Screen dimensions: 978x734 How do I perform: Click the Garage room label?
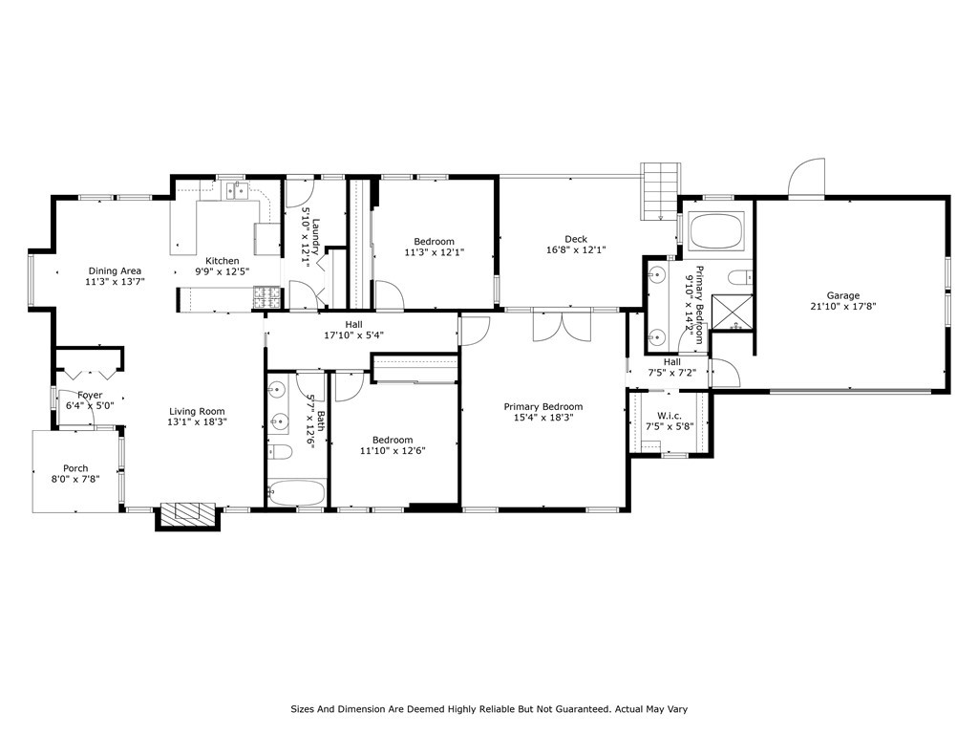click(842, 295)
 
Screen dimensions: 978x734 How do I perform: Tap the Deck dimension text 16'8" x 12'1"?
click(576, 249)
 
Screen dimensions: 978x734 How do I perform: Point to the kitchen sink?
click(237, 190)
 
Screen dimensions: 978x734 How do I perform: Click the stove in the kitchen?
click(267, 296)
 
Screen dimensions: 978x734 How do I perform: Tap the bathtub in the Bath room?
click(296, 493)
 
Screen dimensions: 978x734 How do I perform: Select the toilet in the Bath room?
click(280, 451)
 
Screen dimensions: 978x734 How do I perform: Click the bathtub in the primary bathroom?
click(716, 231)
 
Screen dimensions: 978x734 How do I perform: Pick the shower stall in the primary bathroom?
click(733, 311)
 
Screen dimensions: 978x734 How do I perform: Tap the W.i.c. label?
click(670, 417)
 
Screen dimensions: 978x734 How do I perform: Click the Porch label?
click(75, 468)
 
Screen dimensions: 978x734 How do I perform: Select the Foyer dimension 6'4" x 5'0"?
click(90, 405)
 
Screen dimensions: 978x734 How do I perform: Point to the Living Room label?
click(197, 411)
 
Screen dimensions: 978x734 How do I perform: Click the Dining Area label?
click(115, 270)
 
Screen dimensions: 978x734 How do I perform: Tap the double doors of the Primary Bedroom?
click(562, 325)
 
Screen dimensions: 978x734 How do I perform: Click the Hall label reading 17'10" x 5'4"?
click(353, 335)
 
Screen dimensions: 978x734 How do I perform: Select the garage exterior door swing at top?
click(807, 178)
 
